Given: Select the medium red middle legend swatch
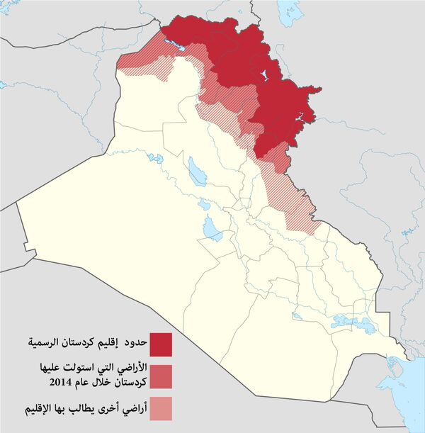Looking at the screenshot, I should (160, 376).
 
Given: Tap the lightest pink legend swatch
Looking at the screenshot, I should (160, 409).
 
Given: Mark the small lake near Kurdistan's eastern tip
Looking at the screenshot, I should (305, 117).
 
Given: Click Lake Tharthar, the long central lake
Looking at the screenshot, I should (193, 171).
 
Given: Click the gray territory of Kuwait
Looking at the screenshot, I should (382, 383).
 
